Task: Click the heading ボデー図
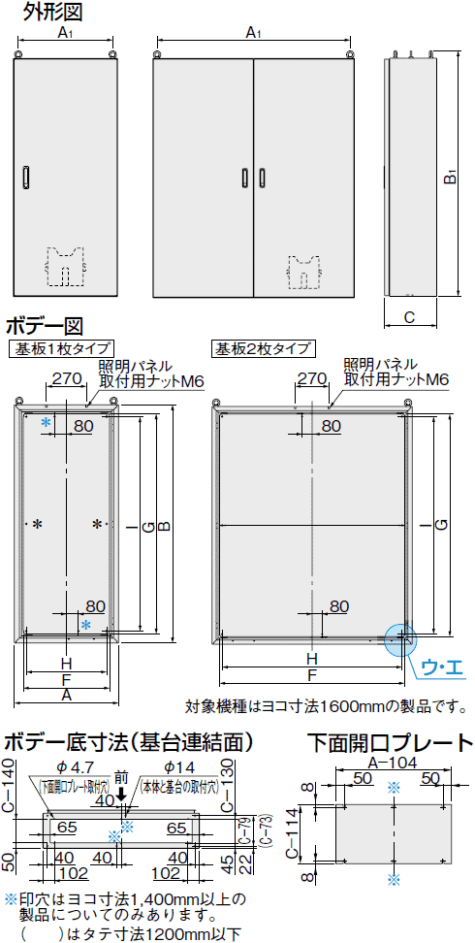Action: pos(46,325)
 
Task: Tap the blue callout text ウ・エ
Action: pos(444,667)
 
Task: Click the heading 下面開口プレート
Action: pos(389,742)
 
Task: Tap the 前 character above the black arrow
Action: pos(121,778)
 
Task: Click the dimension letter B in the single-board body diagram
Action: pos(164,525)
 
